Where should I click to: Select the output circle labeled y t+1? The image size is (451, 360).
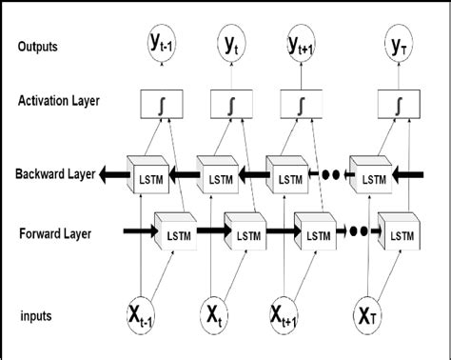(304, 44)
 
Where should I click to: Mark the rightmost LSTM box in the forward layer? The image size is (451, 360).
(398, 233)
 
